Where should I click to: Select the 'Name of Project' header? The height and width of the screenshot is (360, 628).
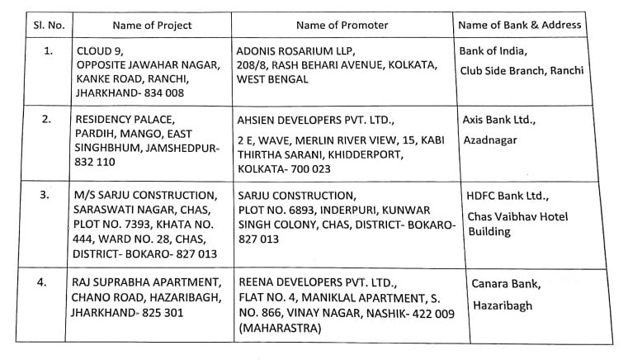152,25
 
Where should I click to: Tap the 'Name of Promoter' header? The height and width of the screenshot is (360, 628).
341,25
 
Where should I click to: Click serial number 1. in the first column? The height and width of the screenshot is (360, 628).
48,50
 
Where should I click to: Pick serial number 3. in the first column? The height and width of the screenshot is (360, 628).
48,196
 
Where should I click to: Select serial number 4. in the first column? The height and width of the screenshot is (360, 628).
48,282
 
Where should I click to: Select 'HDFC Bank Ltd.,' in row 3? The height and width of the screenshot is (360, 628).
507,196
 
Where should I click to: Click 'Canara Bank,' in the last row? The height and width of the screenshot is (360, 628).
506,285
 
